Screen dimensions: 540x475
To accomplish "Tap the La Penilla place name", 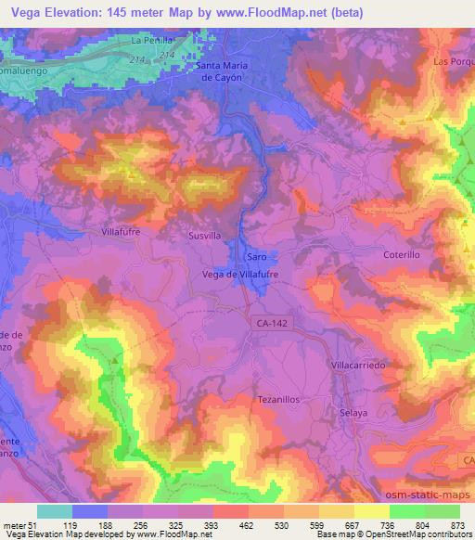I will (151, 41).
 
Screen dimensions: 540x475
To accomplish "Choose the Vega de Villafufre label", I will (240, 275).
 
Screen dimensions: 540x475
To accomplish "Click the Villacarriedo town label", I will (358, 366).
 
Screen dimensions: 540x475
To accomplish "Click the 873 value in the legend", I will (456, 524).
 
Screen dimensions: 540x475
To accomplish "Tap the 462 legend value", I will (245, 524).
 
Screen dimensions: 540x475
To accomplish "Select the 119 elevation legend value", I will (69, 524).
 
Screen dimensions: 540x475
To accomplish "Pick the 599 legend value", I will (315, 524).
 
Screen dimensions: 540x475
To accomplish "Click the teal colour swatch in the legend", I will (54, 511).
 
